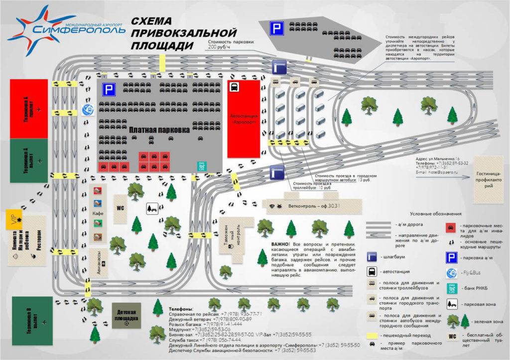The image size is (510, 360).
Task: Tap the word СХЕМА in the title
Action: (x=152, y=21)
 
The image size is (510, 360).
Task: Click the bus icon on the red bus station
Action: (x=233, y=87)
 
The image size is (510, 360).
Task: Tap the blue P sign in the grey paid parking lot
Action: (x=108, y=90)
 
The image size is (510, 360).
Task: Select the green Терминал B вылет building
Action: (x=29, y=319)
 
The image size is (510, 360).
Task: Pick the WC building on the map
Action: (x=120, y=208)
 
